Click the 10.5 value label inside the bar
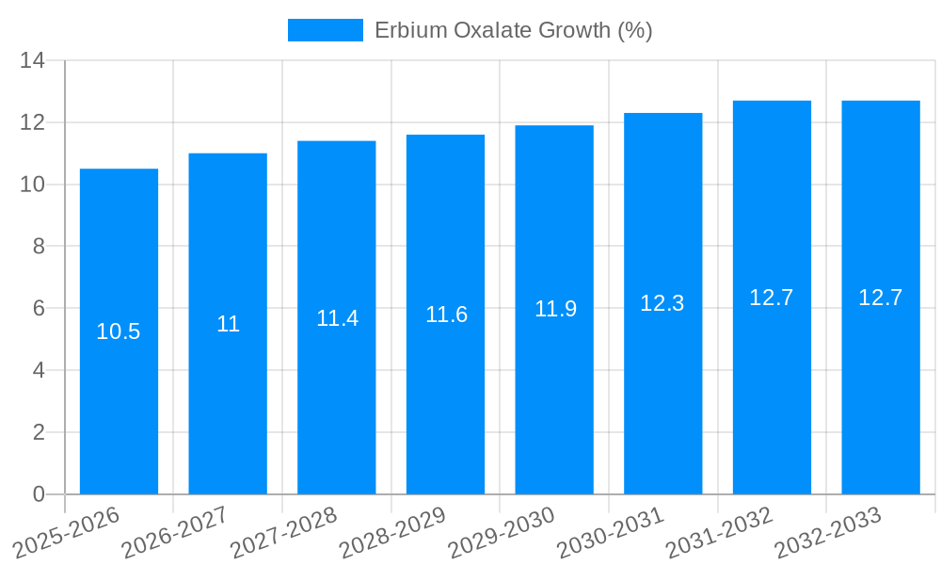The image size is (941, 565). [x=119, y=331]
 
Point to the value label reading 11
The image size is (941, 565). [x=228, y=324]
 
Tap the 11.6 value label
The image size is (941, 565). [x=446, y=315]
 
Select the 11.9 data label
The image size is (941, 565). [x=555, y=309]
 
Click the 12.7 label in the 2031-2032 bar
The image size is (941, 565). [x=772, y=298]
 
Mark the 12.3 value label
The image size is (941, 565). [x=662, y=303]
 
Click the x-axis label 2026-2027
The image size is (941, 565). [x=174, y=532]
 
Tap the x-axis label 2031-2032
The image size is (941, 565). [x=719, y=532]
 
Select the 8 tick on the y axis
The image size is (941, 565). [x=39, y=247]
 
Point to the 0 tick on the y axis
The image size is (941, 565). [x=39, y=494]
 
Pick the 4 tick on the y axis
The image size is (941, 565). [x=39, y=371]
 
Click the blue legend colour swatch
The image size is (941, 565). [x=325, y=30]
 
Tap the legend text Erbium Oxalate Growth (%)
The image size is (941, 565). [x=514, y=30]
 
